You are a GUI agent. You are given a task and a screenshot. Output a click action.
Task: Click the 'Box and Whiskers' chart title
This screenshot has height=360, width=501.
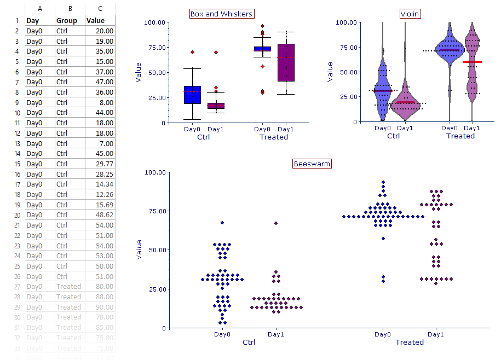[221, 14]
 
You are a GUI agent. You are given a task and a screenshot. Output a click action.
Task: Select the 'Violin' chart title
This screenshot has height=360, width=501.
[411, 14]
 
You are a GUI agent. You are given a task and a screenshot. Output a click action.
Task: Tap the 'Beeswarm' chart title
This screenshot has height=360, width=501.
[312, 164]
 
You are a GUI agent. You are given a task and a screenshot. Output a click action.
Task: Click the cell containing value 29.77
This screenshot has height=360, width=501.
[100, 164]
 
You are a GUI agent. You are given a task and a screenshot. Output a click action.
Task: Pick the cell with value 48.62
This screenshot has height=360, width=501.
[100, 215]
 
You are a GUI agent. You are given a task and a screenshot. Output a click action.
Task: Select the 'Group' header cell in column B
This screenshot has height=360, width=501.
[70, 21]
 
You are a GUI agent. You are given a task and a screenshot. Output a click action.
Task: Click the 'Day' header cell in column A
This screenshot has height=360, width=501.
[39, 21]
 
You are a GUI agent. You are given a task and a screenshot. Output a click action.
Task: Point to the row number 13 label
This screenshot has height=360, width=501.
[16, 143]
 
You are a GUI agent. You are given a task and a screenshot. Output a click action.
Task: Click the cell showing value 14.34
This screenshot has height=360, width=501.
[100, 184]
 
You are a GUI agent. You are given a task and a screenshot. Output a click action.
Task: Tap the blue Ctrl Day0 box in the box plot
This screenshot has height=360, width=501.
[192, 95]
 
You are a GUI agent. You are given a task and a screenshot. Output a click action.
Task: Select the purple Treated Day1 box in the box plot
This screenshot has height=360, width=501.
[286, 62]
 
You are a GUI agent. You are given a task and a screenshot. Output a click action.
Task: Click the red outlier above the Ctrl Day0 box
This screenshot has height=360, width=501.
[192, 52]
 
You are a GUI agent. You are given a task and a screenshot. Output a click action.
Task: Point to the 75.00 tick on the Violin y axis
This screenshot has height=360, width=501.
[347, 47]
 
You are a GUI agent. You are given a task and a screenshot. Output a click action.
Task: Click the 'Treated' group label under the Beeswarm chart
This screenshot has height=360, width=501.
[410, 342]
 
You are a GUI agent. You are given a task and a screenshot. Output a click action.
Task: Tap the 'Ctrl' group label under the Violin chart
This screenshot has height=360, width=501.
[393, 136]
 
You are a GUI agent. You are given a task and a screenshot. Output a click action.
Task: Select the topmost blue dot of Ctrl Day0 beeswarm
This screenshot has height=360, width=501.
[222, 223]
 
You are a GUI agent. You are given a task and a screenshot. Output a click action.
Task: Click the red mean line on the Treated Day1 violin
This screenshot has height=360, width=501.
[472, 62]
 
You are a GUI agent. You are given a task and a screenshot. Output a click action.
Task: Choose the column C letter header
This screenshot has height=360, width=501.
[100, 9]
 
